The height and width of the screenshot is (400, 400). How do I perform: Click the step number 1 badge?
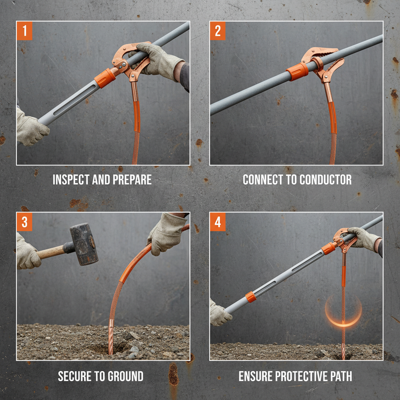[25, 32]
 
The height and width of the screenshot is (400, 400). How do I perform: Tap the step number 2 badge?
[218, 32]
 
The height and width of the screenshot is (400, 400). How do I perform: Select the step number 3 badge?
[25, 222]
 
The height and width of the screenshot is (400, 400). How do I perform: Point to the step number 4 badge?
[218, 222]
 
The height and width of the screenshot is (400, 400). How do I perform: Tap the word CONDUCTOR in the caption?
[325, 180]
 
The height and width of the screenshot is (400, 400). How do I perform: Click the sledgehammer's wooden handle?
[51, 252]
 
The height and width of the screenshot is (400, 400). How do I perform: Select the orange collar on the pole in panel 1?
[105, 78]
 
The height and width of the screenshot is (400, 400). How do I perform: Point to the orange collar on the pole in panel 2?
[297, 72]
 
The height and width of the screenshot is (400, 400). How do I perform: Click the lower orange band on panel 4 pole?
[250, 297]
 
